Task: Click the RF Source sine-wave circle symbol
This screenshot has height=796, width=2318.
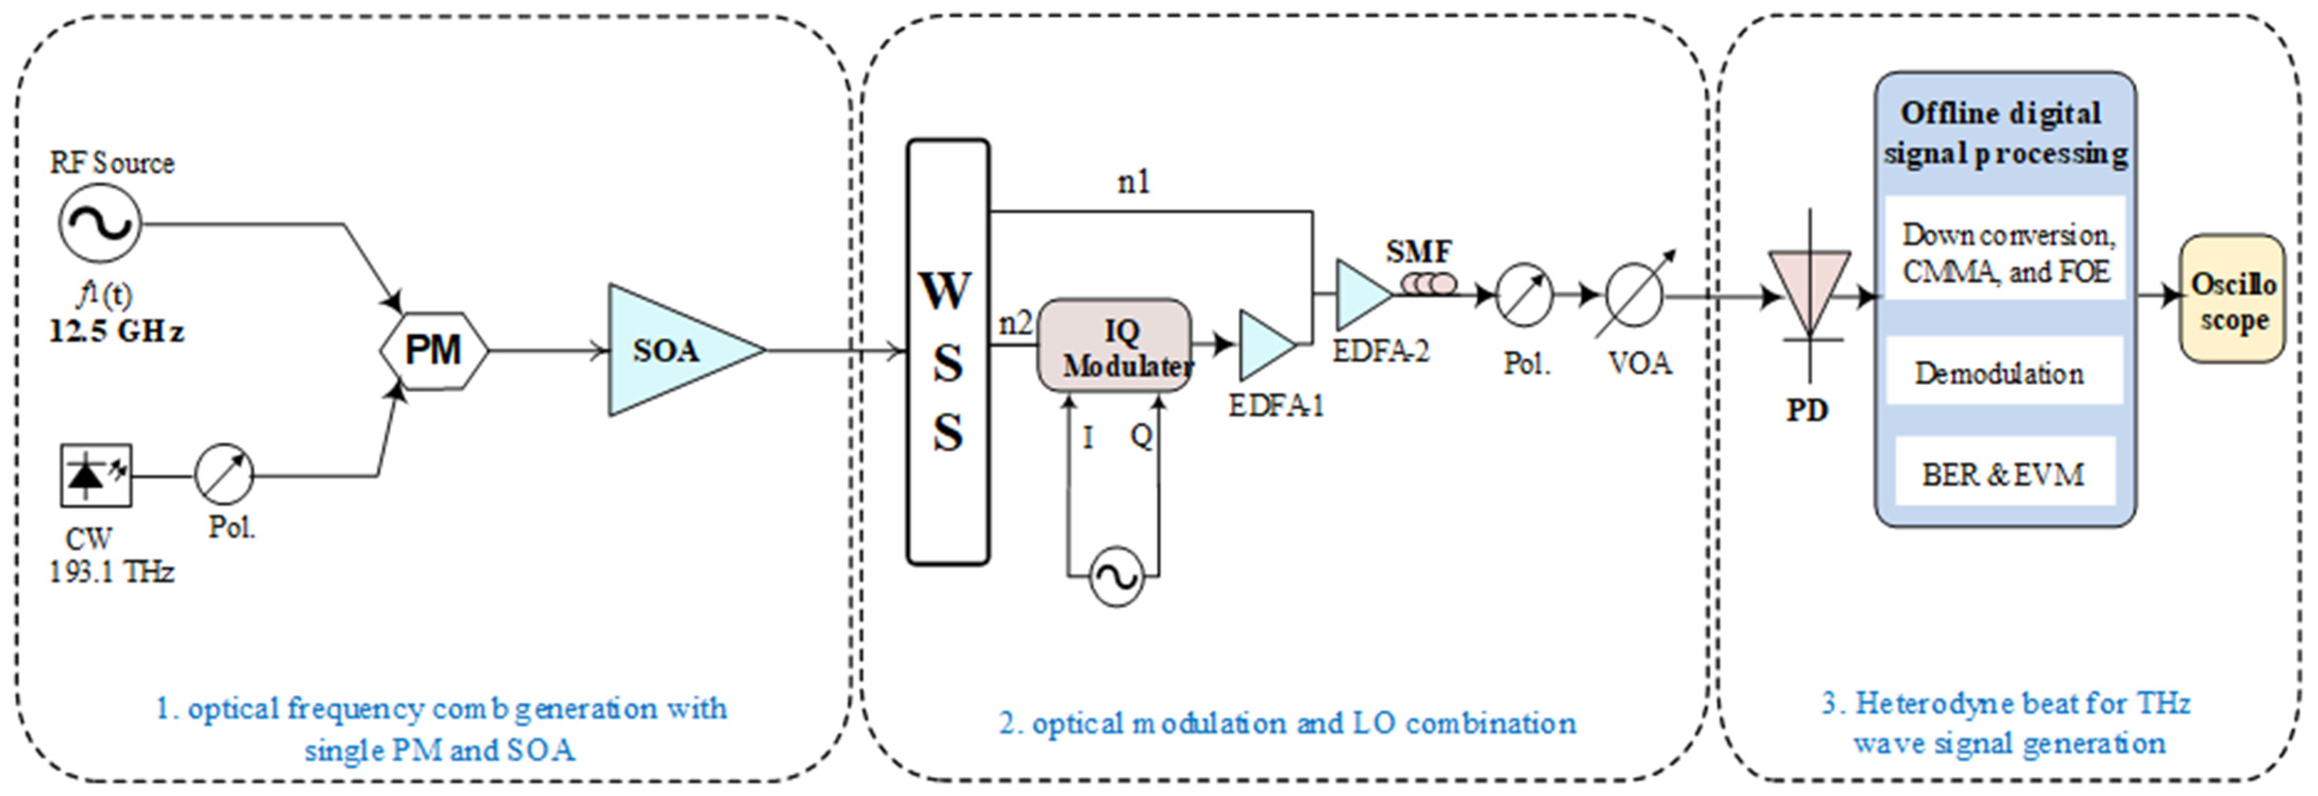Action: point(100,223)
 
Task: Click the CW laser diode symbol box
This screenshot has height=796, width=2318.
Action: point(96,475)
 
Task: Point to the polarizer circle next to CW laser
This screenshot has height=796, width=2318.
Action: point(224,474)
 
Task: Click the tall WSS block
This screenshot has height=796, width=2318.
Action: point(948,352)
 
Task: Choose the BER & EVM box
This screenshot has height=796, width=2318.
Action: point(2003,474)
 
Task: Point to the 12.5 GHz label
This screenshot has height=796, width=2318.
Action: point(116,332)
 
